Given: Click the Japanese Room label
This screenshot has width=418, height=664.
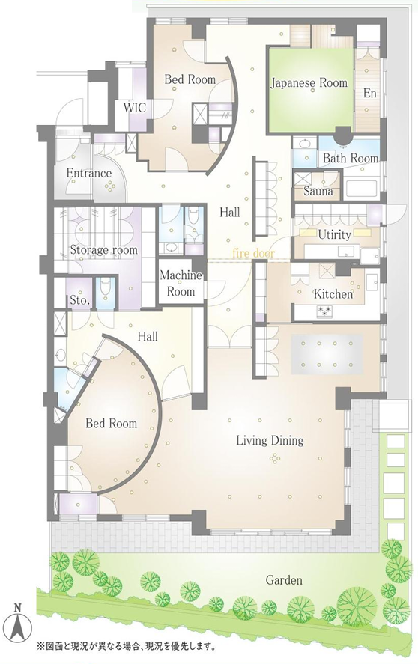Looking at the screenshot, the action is [x=309, y=83].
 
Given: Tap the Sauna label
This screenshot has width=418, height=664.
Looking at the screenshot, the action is [x=318, y=192].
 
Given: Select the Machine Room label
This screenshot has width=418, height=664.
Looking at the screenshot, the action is [x=181, y=283].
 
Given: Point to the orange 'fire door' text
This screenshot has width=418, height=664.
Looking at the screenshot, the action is [x=253, y=254].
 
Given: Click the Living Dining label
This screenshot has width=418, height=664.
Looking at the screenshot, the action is [x=270, y=441].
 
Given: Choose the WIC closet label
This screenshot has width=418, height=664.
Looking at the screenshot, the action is [x=134, y=108].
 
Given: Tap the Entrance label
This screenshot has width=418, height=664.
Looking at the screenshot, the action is [x=89, y=173].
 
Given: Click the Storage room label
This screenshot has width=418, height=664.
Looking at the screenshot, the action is [x=104, y=250].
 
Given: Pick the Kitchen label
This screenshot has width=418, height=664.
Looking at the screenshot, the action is [x=333, y=294].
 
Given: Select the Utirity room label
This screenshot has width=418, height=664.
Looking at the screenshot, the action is [x=335, y=235].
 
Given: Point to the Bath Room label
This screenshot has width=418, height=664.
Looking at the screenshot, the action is [x=351, y=159].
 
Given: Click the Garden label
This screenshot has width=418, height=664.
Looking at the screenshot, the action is [x=284, y=579].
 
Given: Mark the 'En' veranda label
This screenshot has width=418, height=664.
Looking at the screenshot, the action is [x=370, y=93].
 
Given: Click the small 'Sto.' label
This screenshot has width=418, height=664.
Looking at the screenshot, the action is [x=79, y=301].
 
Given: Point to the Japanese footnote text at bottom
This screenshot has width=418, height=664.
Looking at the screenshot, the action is [x=126, y=647].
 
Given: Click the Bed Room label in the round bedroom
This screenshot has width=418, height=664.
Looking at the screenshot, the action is [x=111, y=424].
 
